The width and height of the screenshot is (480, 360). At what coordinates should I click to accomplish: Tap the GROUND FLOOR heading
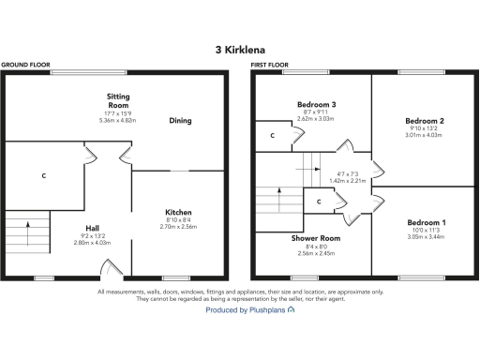coord(25,65)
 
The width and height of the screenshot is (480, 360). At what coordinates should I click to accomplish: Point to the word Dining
coord(181,120)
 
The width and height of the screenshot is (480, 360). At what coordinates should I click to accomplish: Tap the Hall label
coord(91,229)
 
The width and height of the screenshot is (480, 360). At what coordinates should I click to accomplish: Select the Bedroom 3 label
coord(315,105)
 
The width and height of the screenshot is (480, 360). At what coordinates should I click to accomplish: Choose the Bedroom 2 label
coord(423,121)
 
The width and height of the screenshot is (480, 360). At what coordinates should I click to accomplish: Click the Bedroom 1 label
coord(423,221)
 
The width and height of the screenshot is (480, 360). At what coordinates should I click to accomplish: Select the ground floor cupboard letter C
coord(44,175)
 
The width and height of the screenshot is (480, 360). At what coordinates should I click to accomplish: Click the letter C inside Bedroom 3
coord(272,135)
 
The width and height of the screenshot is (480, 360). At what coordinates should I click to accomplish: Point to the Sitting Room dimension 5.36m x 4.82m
coord(118,120)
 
